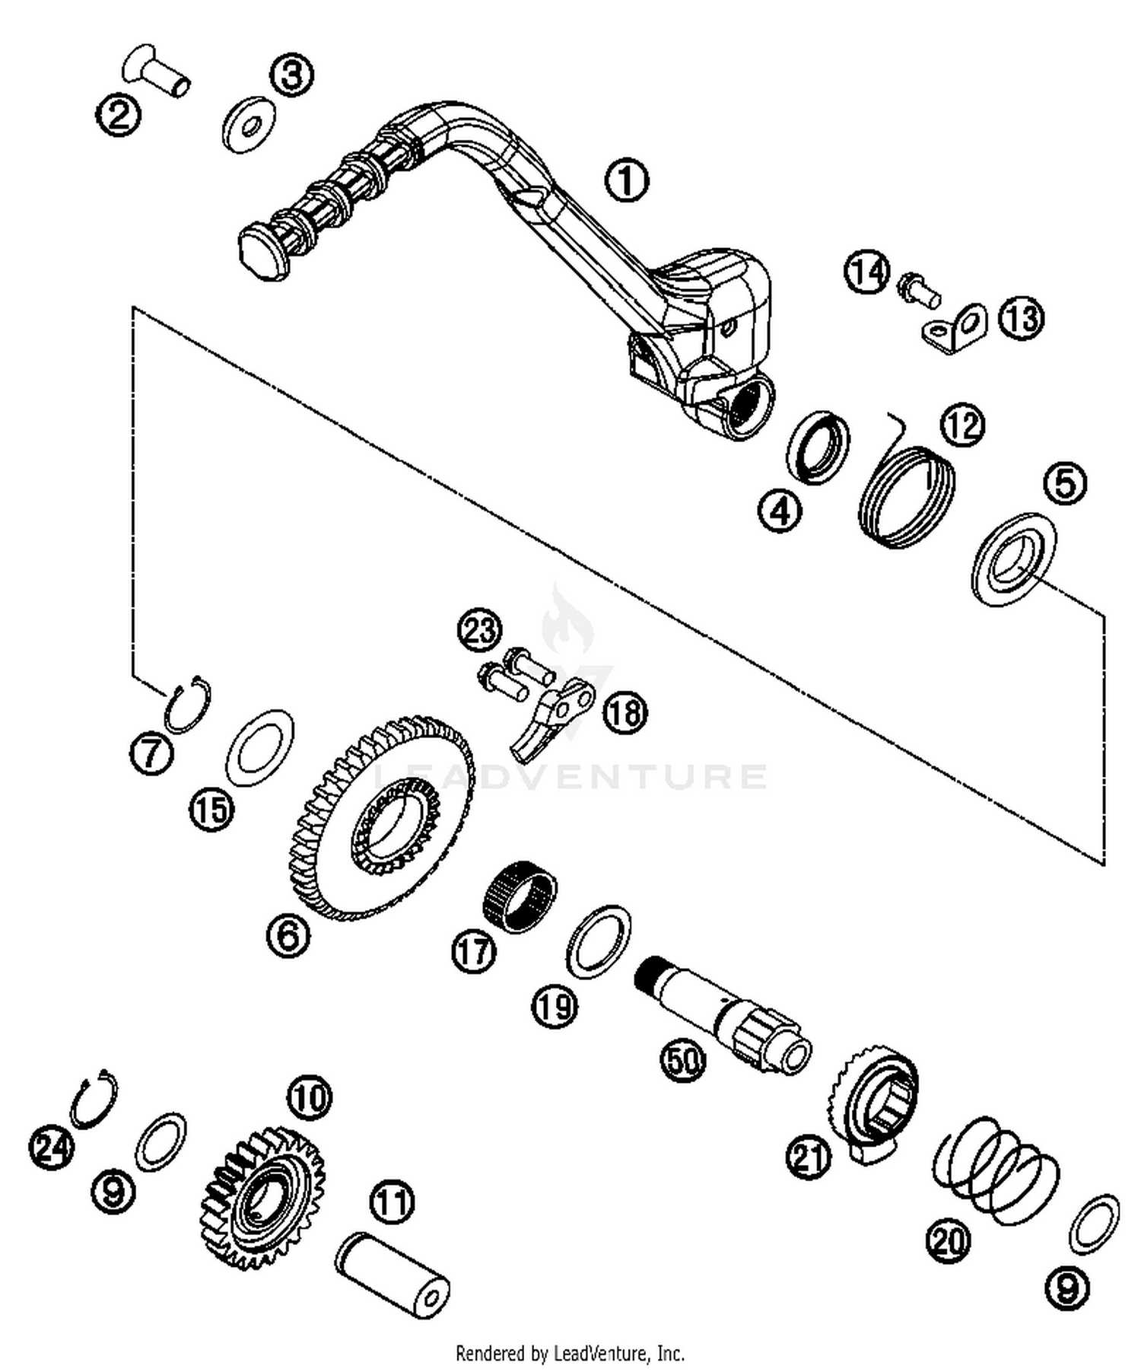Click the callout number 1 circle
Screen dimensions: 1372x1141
point(626,180)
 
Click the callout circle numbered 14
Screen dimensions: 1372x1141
point(867,272)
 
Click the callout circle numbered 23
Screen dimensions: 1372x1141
point(480,630)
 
